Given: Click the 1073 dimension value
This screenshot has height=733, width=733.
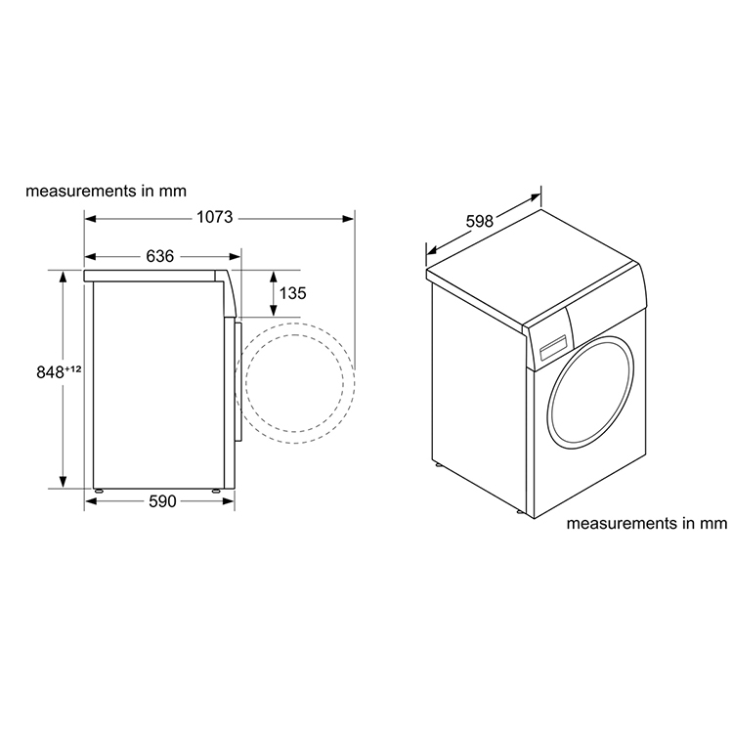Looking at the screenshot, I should pos(215,217).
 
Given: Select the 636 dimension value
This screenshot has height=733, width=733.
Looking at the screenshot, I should pos(159,256).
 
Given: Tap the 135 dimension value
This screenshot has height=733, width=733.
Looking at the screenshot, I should pos(293,292).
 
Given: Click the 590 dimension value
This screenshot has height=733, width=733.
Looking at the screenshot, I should pos(162,501).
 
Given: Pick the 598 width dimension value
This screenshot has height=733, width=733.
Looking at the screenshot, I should pos(479,222).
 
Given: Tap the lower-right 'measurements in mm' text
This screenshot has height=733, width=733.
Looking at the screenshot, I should pos(648,524).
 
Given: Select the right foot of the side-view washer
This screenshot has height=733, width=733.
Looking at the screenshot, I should pos(215,487).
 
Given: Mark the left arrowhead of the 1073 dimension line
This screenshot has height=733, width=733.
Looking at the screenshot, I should pos(89,218).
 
